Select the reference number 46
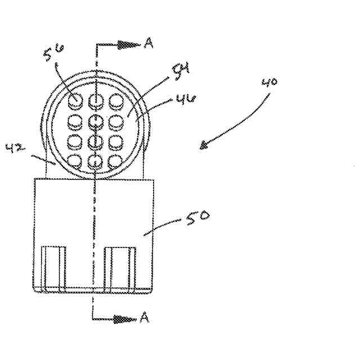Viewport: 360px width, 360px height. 185,100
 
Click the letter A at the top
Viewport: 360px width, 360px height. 148,43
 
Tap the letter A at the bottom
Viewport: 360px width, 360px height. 144,318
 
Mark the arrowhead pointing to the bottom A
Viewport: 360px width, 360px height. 128,319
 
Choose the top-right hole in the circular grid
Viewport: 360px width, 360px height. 116,102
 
